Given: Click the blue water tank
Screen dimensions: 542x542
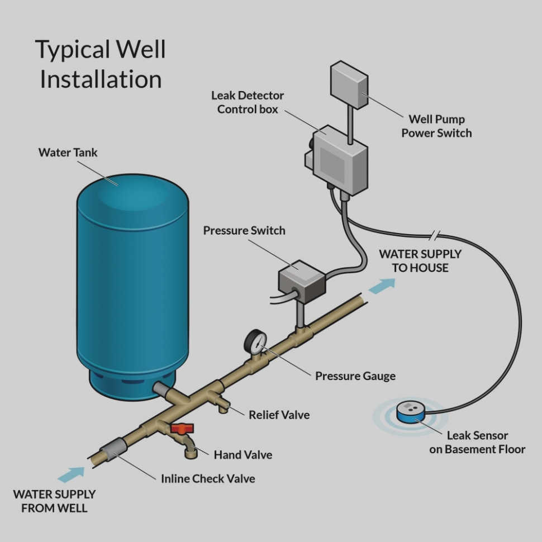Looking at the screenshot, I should click(x=132, y=285).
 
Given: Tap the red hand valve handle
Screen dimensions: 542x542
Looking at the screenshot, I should click(x=182, y=429).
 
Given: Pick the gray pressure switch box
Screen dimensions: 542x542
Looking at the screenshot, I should click(x=301, y=278).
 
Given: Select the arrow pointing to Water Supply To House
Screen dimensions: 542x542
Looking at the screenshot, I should click(x=382, y=285).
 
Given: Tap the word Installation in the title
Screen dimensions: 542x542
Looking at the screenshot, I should click(x=101, y=79).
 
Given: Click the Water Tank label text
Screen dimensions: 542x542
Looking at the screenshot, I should click(x=68, y=152).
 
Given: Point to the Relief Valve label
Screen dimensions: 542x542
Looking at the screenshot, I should click(x=279, y=415).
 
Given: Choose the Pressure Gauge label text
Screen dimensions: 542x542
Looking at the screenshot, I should click(x=355, y=375).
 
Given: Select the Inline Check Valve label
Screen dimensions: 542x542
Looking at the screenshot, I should click(x=208, y=479).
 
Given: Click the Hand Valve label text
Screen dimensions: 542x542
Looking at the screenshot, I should click(x=243, y=455).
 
